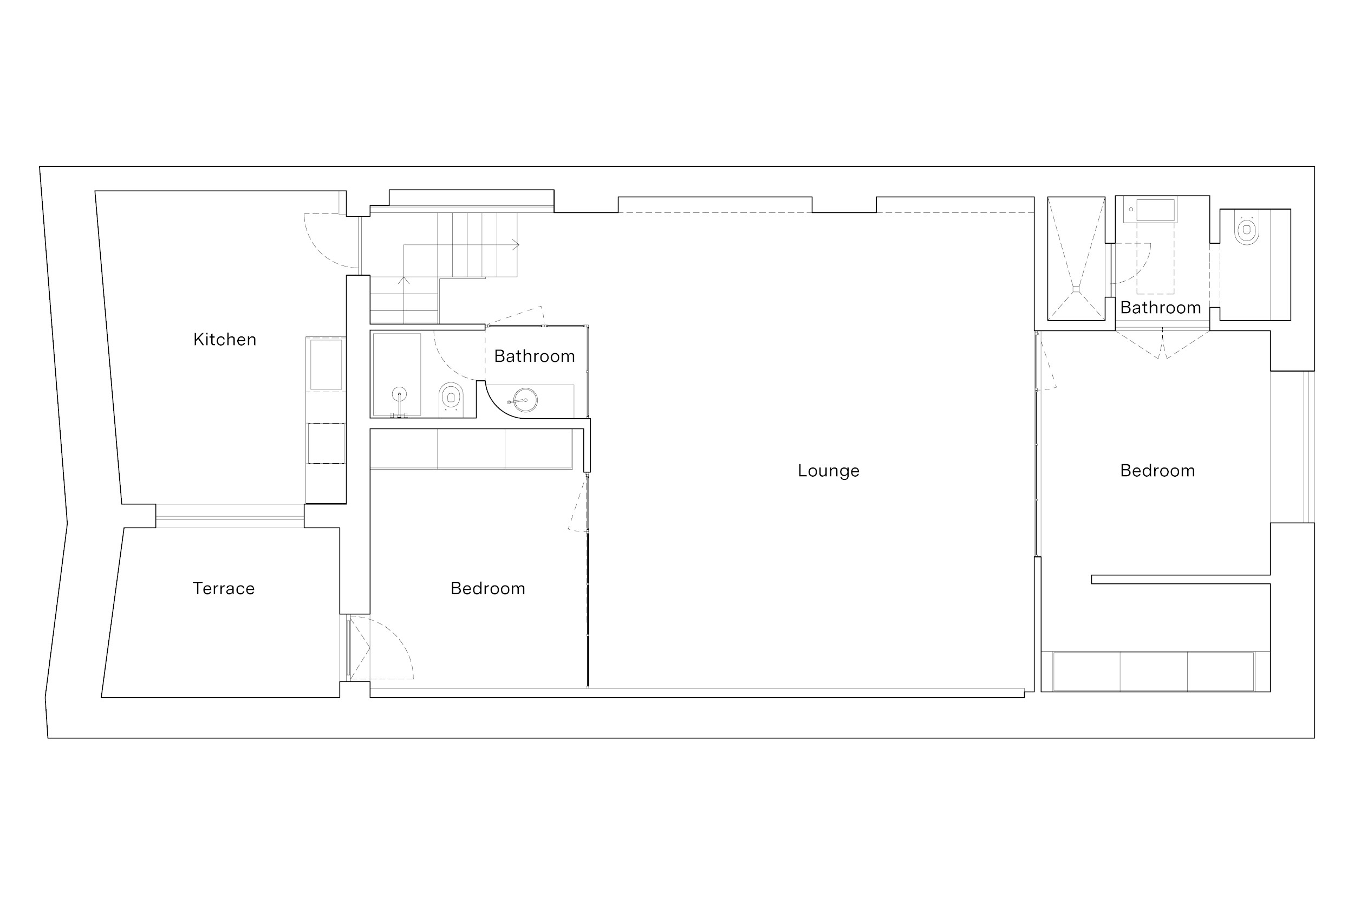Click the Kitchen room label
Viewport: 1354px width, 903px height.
coord(225,340)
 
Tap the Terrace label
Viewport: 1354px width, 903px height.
coord(223,589)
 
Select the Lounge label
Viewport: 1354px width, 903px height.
coord(829,471)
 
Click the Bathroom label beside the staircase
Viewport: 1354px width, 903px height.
coord(534,356)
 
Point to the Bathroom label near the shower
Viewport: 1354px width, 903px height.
coord(1160,308)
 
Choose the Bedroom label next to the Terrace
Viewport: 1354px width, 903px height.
coord(487,589)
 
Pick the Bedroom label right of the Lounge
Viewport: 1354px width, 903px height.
coord(1157,471)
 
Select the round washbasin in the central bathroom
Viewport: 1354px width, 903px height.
coord(524,400)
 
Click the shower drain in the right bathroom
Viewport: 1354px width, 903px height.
coord(1076,290)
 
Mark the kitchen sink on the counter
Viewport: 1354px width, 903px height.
coord(326,365)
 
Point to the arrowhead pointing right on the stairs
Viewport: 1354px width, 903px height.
coord(516,245)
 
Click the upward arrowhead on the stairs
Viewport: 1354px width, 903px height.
coord(403,281)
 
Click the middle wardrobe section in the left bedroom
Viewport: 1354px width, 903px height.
coord(471,449)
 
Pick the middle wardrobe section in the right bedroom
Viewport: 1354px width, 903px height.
coord(1154,672)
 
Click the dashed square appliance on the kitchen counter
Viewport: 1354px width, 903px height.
coord(326,444)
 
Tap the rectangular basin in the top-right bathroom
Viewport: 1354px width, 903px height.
coord(1156,210)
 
